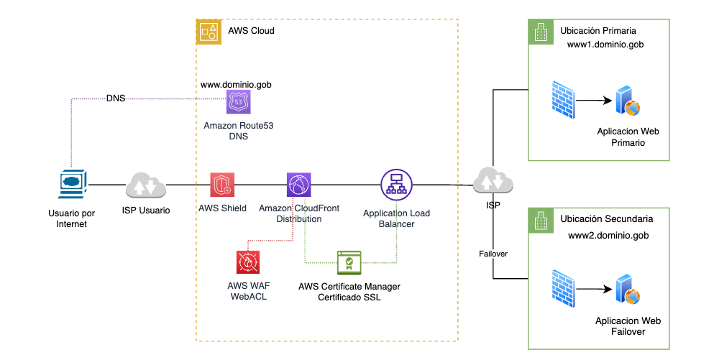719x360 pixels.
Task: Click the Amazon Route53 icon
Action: point(238,102)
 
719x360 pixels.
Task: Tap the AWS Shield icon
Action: point(221,185)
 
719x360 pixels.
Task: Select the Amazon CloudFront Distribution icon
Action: point(298,185)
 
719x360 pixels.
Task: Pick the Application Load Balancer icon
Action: point(394,185)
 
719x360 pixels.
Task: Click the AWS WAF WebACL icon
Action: point(247,262)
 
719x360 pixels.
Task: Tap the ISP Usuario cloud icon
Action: point(145,185)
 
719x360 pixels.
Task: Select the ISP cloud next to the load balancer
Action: point(493,180)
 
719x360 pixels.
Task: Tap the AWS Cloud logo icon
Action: point(209,31)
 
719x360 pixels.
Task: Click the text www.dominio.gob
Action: point(236,84)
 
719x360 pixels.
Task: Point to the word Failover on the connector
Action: point(494,254)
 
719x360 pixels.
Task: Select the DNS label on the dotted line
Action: point(115,98)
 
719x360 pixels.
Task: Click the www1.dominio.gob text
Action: point(605,45)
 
